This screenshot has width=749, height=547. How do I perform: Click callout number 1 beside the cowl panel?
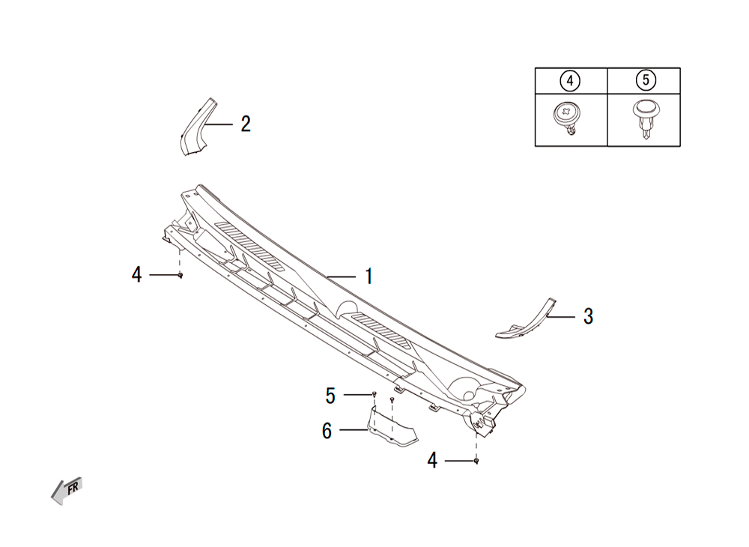(x=369, y=276)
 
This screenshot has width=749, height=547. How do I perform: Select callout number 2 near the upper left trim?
(x=246, y=124)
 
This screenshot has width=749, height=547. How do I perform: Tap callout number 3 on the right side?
(x=588, y=316)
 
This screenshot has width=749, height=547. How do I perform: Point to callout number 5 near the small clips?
(x=330, y=396)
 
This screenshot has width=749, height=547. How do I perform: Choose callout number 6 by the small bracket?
(x=327, y=430)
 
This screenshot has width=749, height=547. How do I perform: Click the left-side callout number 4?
(x=136, y=275)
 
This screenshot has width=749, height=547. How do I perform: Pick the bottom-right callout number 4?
(x=432, y=461)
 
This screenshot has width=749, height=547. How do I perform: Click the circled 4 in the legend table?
(x=570, y=81)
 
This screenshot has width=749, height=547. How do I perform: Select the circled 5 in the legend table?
(x=646, y=79)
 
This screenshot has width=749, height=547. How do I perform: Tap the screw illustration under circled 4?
(x=568, y=118)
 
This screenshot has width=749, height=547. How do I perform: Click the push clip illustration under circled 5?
(x=645, y=119)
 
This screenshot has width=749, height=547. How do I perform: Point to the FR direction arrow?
(x=67, y=490)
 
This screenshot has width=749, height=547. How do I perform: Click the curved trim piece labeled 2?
(x=195, y=128)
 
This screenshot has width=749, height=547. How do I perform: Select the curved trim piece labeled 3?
(x=527, y=321)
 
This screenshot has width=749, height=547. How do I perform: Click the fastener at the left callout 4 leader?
(x=180, y=275)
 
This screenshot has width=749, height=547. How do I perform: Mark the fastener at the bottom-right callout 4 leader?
(x=476, y=461)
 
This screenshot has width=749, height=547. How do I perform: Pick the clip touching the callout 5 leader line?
(x=374, y=394)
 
